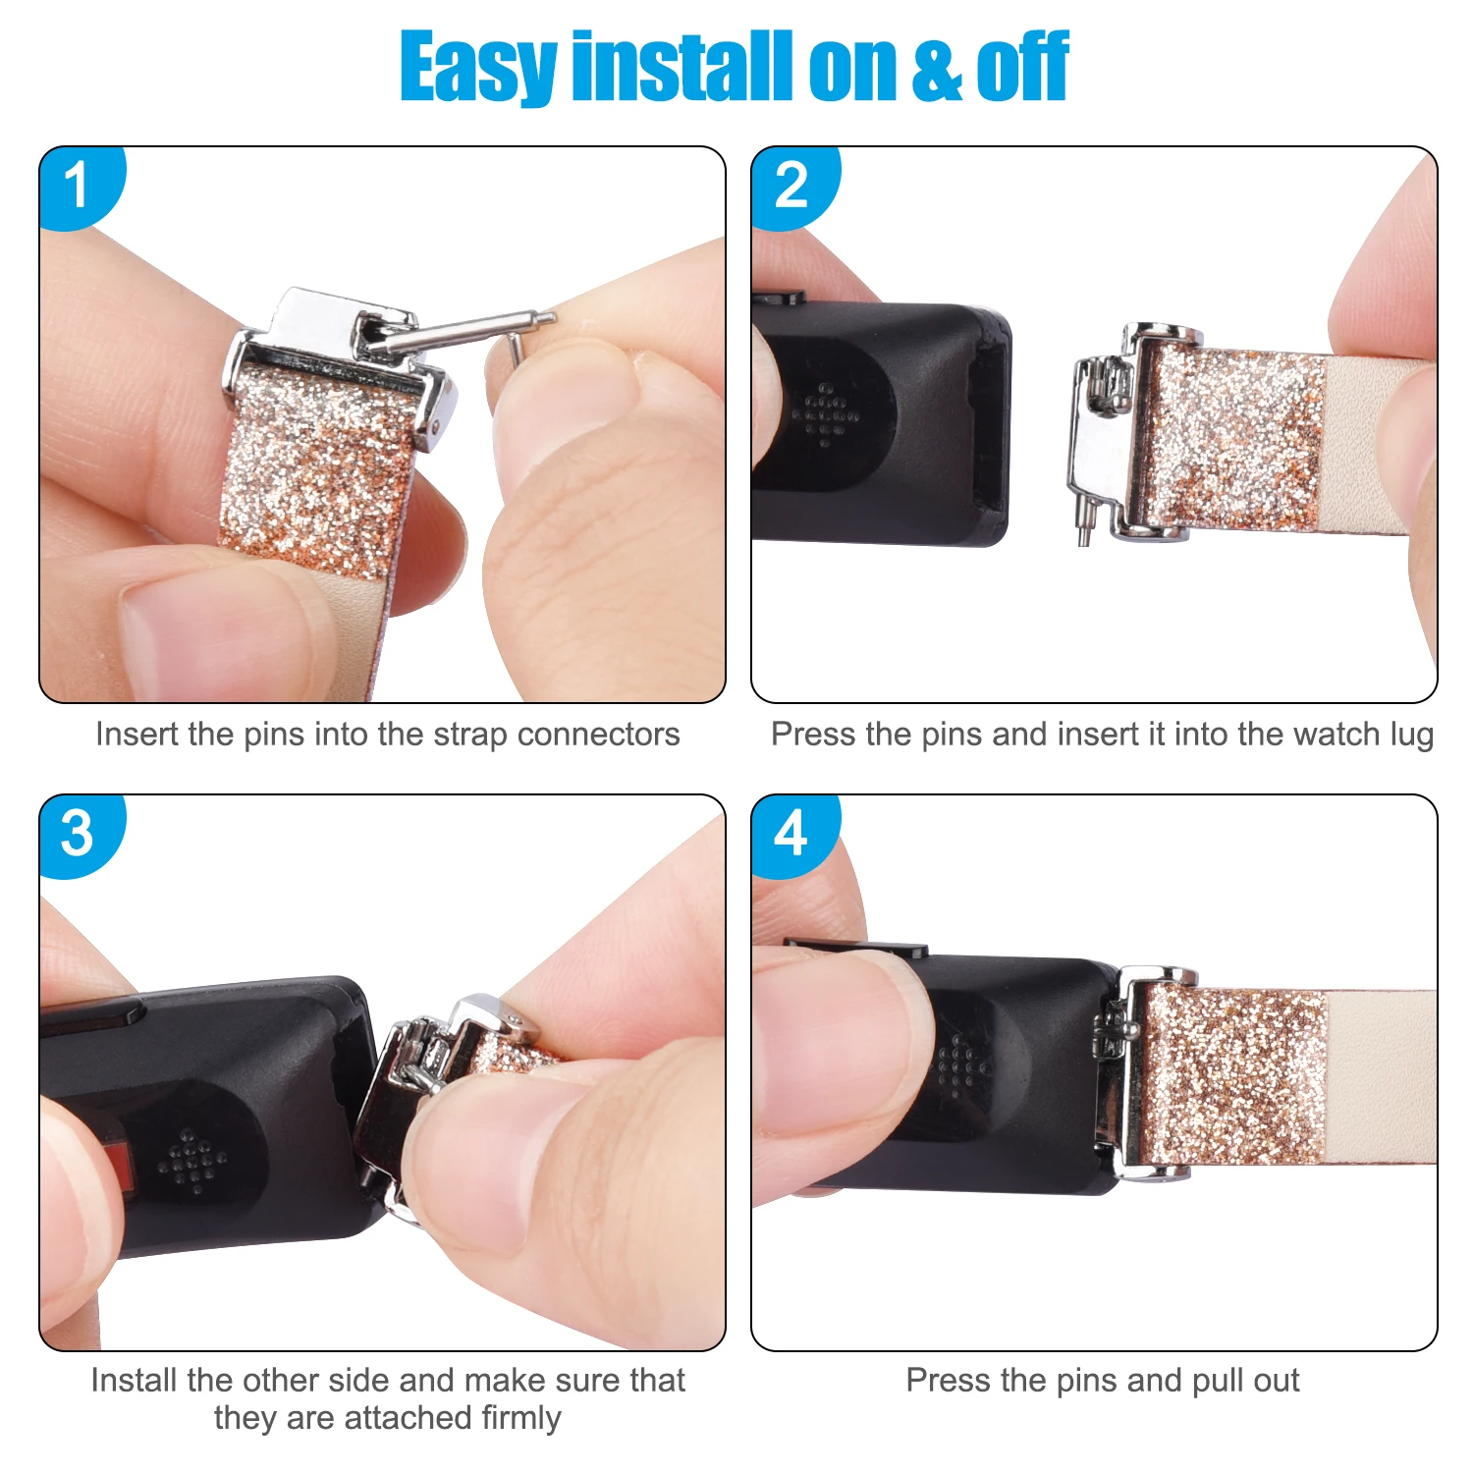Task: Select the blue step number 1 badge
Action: (79, 185)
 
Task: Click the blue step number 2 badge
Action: (791, 185)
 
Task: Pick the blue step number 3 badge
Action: (79, 833)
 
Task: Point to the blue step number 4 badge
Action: (791, 833)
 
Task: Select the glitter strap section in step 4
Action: (1232, 1075)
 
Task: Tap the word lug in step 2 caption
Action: (1411, 735)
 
